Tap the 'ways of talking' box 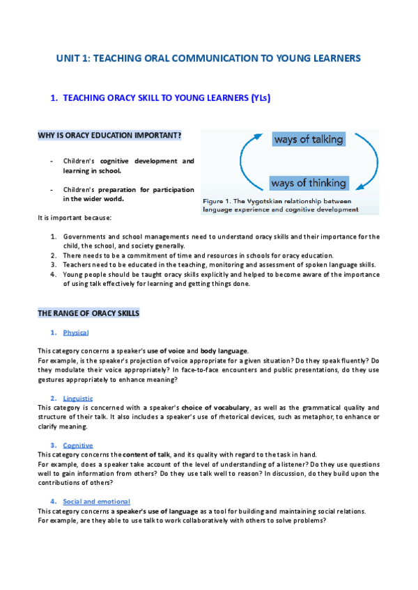(x=309, y=140)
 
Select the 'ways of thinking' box (x=309, y=183)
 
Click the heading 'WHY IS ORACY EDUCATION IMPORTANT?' (x=109, y=135)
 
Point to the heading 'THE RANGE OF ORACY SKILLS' (x=88, y=313)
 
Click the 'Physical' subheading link (x=75, y=333)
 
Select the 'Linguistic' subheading (x=78, y=397)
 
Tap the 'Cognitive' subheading (x=77, y=445)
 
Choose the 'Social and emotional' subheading (x=96, y=501)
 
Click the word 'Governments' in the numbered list (x=83, y=237)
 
